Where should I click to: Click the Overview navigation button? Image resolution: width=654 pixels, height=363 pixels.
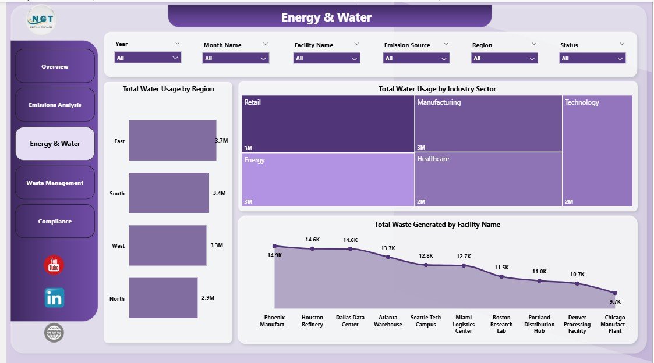point(55,66)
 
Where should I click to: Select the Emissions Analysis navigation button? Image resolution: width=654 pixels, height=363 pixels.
point(55,105)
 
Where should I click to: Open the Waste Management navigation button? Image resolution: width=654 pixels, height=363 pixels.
point(55,183)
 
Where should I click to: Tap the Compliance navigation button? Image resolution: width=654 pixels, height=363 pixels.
point(55,221)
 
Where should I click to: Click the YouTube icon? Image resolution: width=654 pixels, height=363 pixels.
point(54,265)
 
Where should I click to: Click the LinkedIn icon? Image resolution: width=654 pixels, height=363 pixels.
point(54,298)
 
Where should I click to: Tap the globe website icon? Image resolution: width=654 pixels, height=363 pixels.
point(54,333)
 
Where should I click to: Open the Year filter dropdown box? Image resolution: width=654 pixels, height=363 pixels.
point(148,58)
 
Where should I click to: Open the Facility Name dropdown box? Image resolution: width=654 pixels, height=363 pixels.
point(327,58)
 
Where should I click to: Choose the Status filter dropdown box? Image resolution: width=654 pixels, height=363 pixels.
point(592,58)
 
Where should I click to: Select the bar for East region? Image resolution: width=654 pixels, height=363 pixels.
point(172,141)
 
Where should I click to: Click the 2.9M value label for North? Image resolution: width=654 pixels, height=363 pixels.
point(207,298)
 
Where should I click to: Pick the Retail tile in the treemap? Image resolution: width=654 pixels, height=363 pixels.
point(328,124)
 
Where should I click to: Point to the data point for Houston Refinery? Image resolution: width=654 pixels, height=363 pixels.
point(312,248)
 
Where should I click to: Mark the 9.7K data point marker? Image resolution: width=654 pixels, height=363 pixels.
point(614,293)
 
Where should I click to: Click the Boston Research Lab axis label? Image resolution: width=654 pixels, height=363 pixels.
point(501,324)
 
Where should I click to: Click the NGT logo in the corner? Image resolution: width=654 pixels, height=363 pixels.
point(41,19)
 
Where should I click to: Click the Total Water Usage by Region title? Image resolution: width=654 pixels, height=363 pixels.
point(168,89)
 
